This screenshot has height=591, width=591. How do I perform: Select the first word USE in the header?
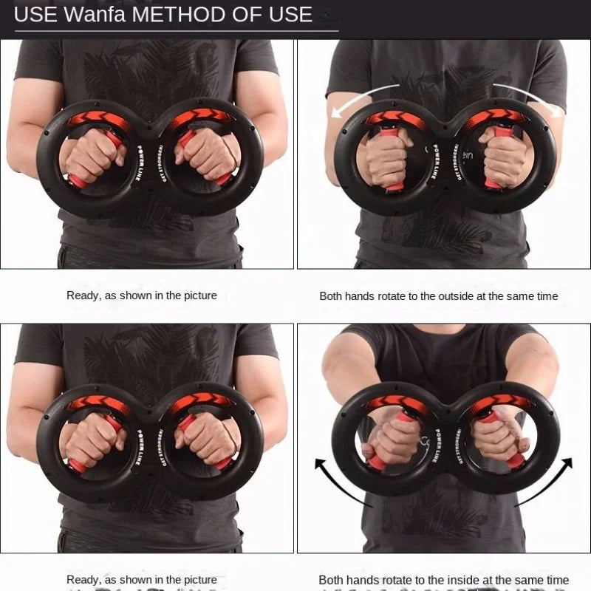tap(35, 14)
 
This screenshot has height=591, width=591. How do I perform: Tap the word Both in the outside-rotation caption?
tap(332, 295)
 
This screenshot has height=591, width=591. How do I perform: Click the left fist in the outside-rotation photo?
tap(383, 156)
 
